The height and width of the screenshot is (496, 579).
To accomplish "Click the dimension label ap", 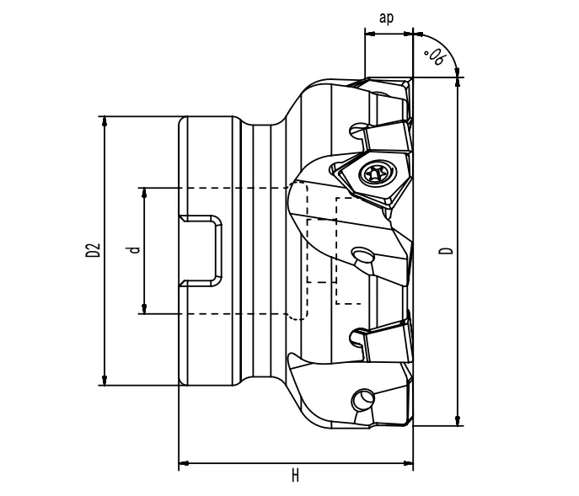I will tap(388, 19).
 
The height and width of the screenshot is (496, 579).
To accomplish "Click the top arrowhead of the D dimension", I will tap(458, 83).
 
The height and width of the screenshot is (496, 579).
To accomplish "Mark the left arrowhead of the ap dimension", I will tap(370, 35).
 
